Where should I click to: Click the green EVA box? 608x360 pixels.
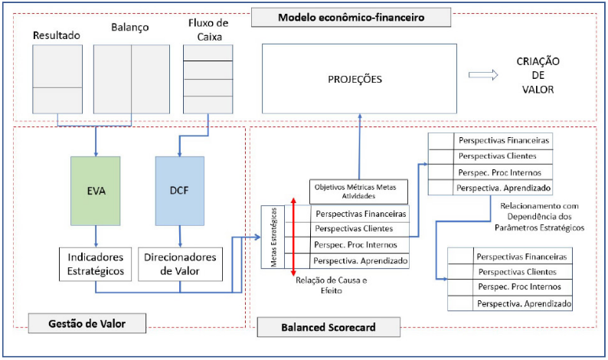tap(96, 191)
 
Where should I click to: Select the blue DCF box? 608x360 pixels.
tap(179, 191)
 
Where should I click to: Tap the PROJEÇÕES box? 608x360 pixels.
tap(359, 79)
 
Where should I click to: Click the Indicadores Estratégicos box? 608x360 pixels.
tap(96, 264)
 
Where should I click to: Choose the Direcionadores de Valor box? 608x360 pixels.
tap(180, 264)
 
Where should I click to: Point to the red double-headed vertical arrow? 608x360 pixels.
tap(293, 237)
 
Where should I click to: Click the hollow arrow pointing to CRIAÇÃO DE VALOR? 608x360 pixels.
tap(483, 75)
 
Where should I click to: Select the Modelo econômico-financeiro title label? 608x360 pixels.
tap(351, 18)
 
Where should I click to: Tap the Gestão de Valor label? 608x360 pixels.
tap(87, 323)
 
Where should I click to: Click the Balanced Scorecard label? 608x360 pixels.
tap(329, 327)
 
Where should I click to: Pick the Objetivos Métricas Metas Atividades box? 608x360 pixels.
tap(358, 191)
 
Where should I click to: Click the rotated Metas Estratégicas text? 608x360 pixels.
tap(274, 237)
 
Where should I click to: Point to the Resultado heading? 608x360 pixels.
tap(57, 35)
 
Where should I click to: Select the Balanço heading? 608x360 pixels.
tap(130, 27)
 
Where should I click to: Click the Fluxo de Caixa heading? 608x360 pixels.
tap(208, 30)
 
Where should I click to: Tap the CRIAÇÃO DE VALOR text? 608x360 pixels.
tap(538, 75)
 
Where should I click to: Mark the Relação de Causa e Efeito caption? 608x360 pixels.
tap(332, 285)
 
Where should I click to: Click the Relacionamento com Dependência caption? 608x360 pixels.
tap(539, 217)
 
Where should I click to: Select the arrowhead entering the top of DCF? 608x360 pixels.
tap(179, 154)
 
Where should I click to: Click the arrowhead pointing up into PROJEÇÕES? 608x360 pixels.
tap(360, 116)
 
